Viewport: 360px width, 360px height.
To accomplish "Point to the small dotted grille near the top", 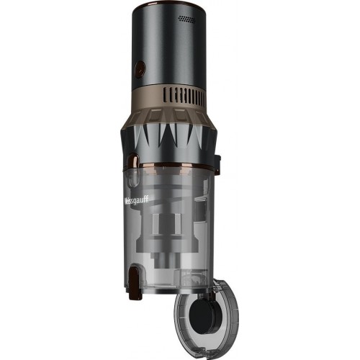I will [188, 15].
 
